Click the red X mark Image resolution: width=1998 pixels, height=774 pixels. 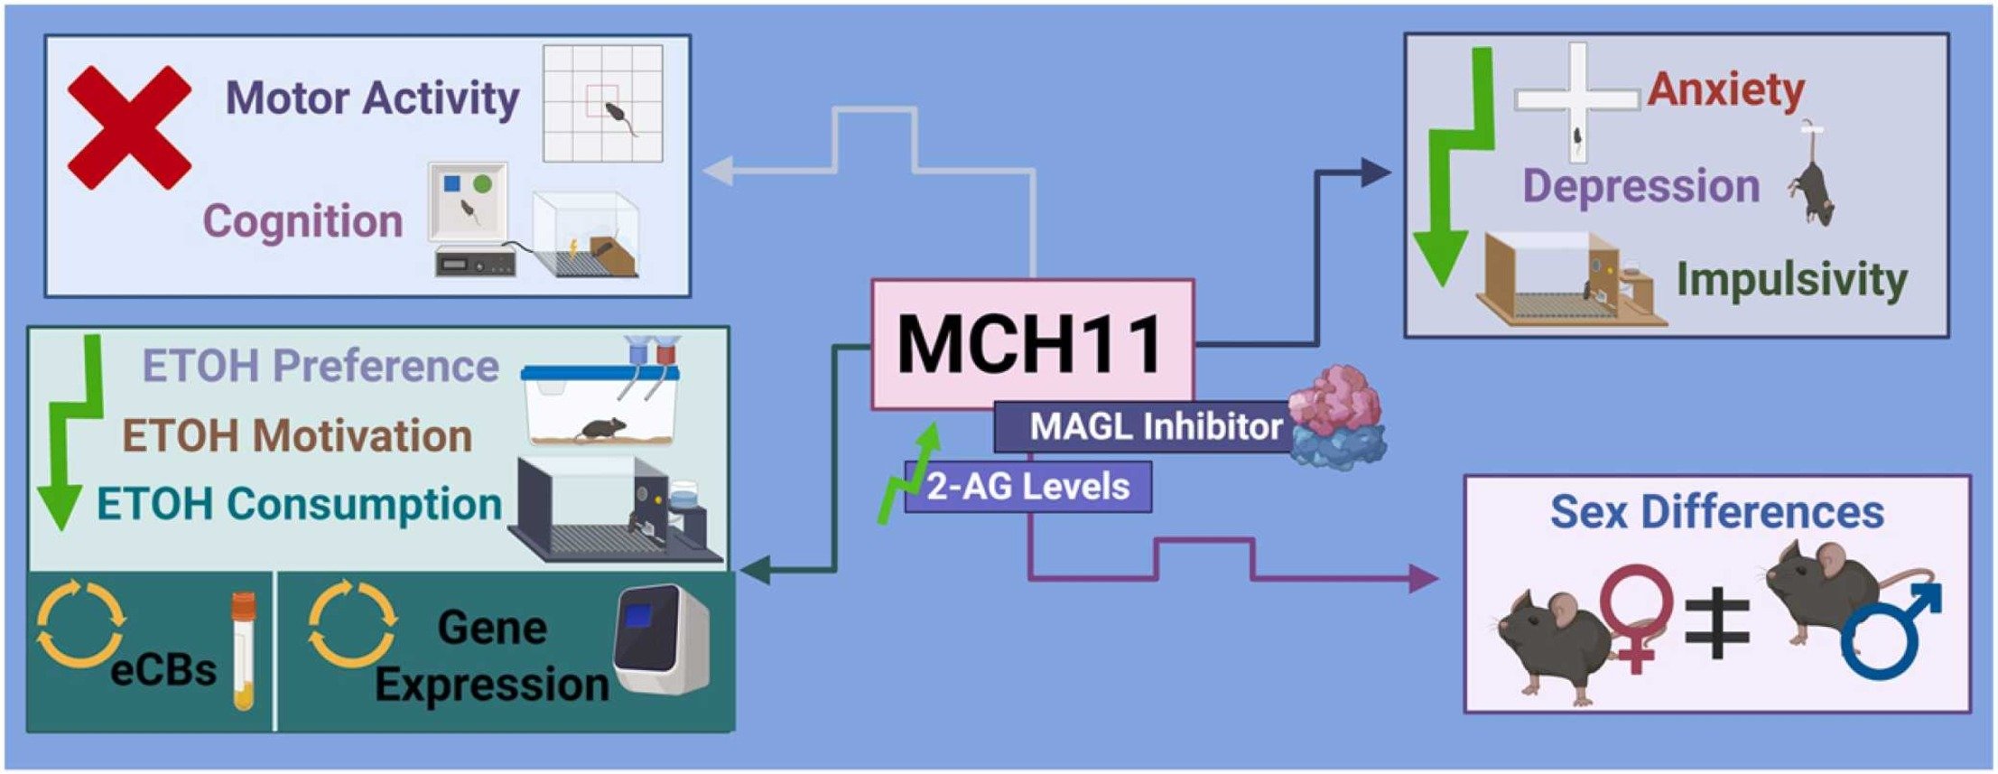pyautogui.click(x=129, y=127)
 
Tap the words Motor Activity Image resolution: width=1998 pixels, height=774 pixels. pyautogui.click(x=372, y=98)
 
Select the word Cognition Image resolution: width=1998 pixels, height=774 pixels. pyautogui.click(x=302, y=221)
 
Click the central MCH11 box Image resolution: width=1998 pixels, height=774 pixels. pyautogui.click(x=1032, y=343)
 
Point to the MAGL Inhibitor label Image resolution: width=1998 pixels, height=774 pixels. pyautogui.click(x=1156, y=426)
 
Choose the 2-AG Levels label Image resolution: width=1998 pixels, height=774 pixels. pyautogui.click(x=1028, y=487)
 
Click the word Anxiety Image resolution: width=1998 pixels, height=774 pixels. pyautogui.click(x=1725, y=89)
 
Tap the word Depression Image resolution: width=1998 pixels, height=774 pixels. pyautogui.click(x=1640, y=186)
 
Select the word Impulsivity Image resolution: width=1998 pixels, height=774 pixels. pyautogui.click(x=1791, y=279)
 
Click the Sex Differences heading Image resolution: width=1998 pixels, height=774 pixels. pyautogui.click(x=1716, y=511)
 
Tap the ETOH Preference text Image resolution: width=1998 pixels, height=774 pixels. pyautogui.click(x=321, y=366)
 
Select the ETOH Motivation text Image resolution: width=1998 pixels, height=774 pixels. pyautogui.click(x=297, y=435)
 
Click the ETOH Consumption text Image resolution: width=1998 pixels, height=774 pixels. pyautogui.click(x=299, y=504)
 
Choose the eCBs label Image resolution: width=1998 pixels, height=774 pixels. pyautogui.click(x=163, y=670)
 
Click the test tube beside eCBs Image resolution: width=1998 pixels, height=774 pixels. pyautogui.click(x=243, y=650)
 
